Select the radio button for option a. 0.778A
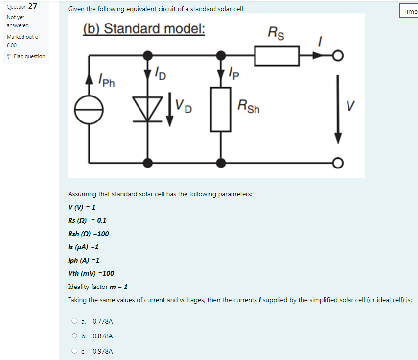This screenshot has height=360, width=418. coord(74,321)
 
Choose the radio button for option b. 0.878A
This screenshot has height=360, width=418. coord(74,336)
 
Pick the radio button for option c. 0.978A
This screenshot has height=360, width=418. coord(74,351)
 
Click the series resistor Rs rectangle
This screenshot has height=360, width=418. coord(277,55)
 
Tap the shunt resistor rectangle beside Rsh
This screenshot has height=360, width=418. coord(221,109)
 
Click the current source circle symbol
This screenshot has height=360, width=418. coord(89,109)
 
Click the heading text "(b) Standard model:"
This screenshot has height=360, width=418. coord(144,29)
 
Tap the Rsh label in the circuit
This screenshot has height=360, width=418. coord(249,106)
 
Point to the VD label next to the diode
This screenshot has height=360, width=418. coord(184,106)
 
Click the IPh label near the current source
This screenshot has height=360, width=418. coord(106,79)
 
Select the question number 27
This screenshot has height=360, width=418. coord(33,6)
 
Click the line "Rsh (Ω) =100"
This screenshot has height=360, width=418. coord(89,234)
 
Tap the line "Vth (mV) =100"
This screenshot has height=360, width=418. coord(91,273)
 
